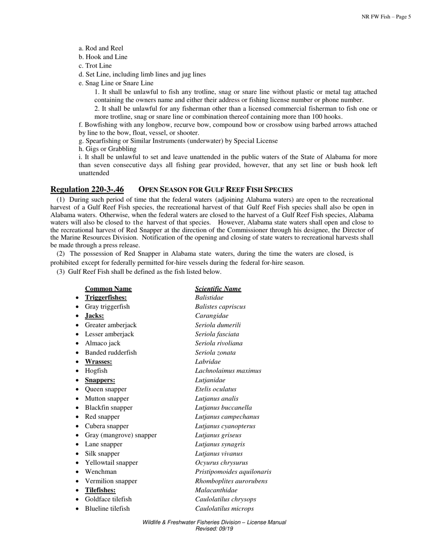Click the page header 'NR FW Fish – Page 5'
[x=386, y=17]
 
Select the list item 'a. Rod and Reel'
[x=101, y=48]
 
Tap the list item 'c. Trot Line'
[x=95, y=66]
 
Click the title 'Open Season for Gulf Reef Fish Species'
[x=215, y=189]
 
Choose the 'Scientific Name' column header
[x=218, y=289]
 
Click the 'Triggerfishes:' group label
[x=106, y=298]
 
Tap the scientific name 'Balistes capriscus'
[x=220, y=307]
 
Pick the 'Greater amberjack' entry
[x=110, y=325]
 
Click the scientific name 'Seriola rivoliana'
[x=219, y=344]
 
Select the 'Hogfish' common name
[x=96, y=371]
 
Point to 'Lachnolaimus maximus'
[x=228, y=371]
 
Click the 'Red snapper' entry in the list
[x=102, y=417]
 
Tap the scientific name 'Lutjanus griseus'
[x=218, y=435]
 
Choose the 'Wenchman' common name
[x=101, y=472]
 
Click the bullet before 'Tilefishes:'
[x=78, y=490]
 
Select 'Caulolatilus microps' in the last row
[x=224, y=509]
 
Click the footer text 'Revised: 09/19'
[x=214, y=529]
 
